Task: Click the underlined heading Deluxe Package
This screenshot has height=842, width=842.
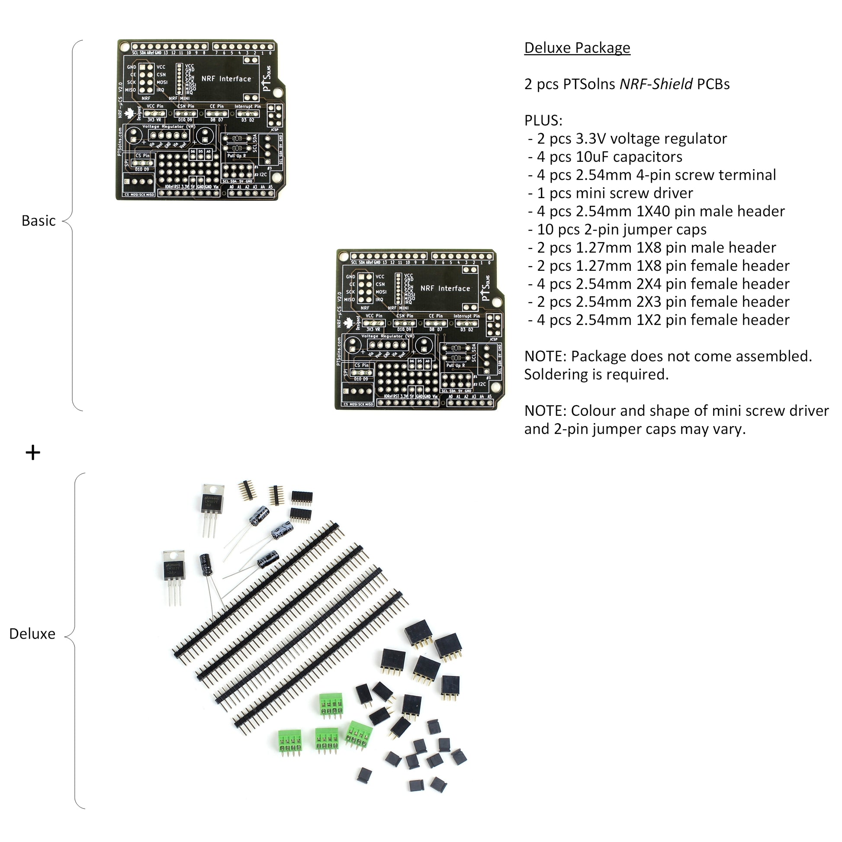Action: (x=577, y=48)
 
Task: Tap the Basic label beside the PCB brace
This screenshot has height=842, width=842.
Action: (x=39, y=221)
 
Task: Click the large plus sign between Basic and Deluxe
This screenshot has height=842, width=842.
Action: (x=33, y=453)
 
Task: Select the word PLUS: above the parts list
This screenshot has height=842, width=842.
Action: (x=543, y=120)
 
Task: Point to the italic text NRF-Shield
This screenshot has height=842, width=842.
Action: (x=656, y=84)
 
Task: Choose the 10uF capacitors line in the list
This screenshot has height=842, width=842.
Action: (x=609, y=157)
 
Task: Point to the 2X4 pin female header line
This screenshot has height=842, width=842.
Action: (x=662, y=284)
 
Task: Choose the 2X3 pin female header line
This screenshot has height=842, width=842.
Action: (x=662, y=302)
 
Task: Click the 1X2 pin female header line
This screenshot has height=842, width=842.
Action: (x=662, y=320)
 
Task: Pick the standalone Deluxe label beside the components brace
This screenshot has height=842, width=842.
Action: (x=32, y=634)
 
